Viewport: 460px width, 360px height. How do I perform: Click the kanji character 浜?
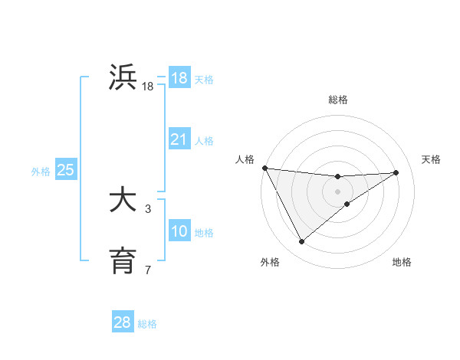pos(123,77)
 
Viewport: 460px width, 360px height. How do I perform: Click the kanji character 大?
pos(123,201)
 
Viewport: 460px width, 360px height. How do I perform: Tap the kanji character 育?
pos(123,261)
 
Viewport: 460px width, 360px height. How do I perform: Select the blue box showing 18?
pos(179,78)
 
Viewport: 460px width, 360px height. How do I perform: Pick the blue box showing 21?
pos(179,139)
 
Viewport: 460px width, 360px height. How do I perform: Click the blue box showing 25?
pos(66,170)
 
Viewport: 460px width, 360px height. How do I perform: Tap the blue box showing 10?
pos(179,231)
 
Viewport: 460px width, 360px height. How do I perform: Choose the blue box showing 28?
pos(123,322)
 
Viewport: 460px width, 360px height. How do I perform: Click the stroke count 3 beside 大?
pos(148,208)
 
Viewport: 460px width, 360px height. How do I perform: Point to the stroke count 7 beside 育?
pos(148,270)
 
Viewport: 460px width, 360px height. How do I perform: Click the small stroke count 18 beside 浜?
pos(148,87)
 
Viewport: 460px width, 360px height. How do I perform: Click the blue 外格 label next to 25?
pos(41,172)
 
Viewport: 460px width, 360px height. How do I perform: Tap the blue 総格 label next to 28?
pos(147,324)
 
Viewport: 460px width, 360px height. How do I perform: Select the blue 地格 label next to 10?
pos(204,233)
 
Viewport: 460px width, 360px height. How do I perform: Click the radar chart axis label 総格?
pos(338,100)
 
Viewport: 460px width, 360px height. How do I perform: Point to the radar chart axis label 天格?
pos(431,159)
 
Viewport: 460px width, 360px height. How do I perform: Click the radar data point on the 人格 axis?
pos(264,168)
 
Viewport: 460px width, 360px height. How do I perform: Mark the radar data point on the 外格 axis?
pos(301,242)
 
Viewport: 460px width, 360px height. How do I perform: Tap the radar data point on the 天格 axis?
pos(396,172)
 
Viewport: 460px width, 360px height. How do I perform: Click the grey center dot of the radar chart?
pos(338,191)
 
